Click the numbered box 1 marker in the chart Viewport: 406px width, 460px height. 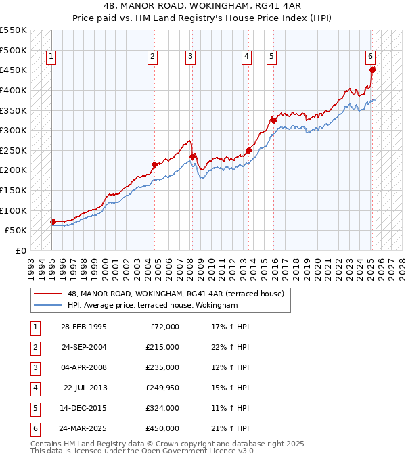point(52,57)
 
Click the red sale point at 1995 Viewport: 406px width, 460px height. point(53,221)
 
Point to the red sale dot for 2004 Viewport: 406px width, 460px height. point(154,164)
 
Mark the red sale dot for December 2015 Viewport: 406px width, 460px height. point(273,120)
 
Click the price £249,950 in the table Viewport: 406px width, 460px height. point(162,388)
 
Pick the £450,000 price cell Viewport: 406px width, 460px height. point(162,428)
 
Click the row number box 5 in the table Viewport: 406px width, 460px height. point(34,408)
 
